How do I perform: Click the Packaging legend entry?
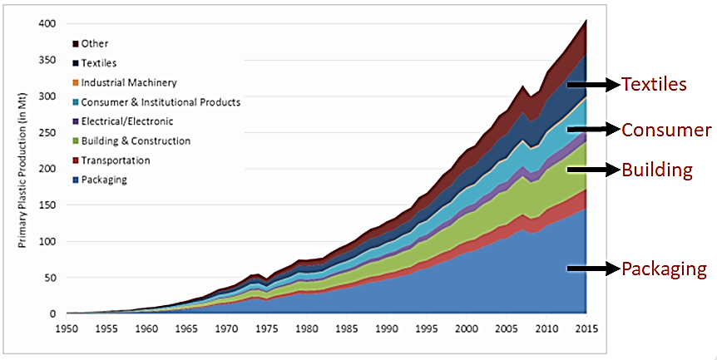[104, 180]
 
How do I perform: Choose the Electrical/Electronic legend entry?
[127, 121]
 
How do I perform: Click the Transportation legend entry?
[116, 160]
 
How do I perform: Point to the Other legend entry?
[95, 43]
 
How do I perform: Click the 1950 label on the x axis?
[67, 329]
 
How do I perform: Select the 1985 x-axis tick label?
[347, 329]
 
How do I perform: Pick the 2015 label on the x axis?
[586, 329]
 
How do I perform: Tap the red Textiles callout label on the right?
[654, 85]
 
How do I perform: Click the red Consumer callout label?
[667, 130]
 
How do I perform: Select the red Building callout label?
[657, 170]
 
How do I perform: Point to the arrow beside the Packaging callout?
[594, 269]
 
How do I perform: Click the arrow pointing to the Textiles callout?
[594, 85]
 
